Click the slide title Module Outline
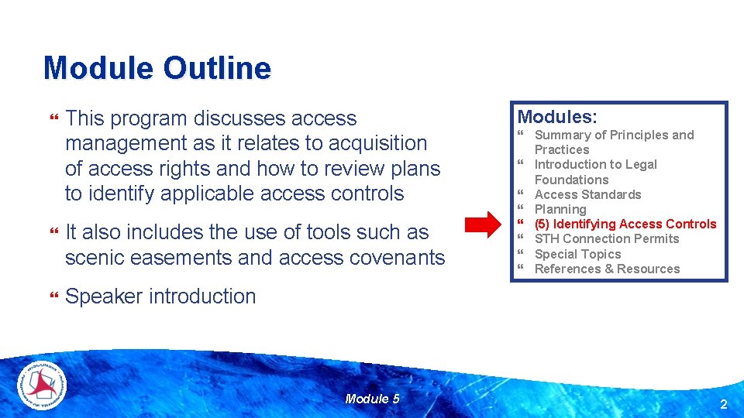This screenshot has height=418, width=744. coord(157,68)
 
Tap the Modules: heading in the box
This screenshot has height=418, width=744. coord(557,117)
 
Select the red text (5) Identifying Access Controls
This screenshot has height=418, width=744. coord(625,224)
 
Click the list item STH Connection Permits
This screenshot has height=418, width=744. coord(606,238)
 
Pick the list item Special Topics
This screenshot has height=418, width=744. coord(577,254)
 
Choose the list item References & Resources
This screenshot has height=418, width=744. coord(607,269)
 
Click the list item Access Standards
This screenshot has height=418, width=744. coord(587,194)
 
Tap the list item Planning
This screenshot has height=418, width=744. coord(560,209)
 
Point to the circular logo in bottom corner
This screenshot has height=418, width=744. coord(42,385)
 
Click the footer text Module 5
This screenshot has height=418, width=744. coord(372,399)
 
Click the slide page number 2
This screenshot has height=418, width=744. coord(723,404)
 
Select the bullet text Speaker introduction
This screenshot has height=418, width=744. coord(160,296)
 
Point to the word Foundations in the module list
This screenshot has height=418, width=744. coord(571,180)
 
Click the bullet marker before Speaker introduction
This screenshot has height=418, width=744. coord(53,296)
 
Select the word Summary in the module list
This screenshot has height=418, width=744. coord(563,135)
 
